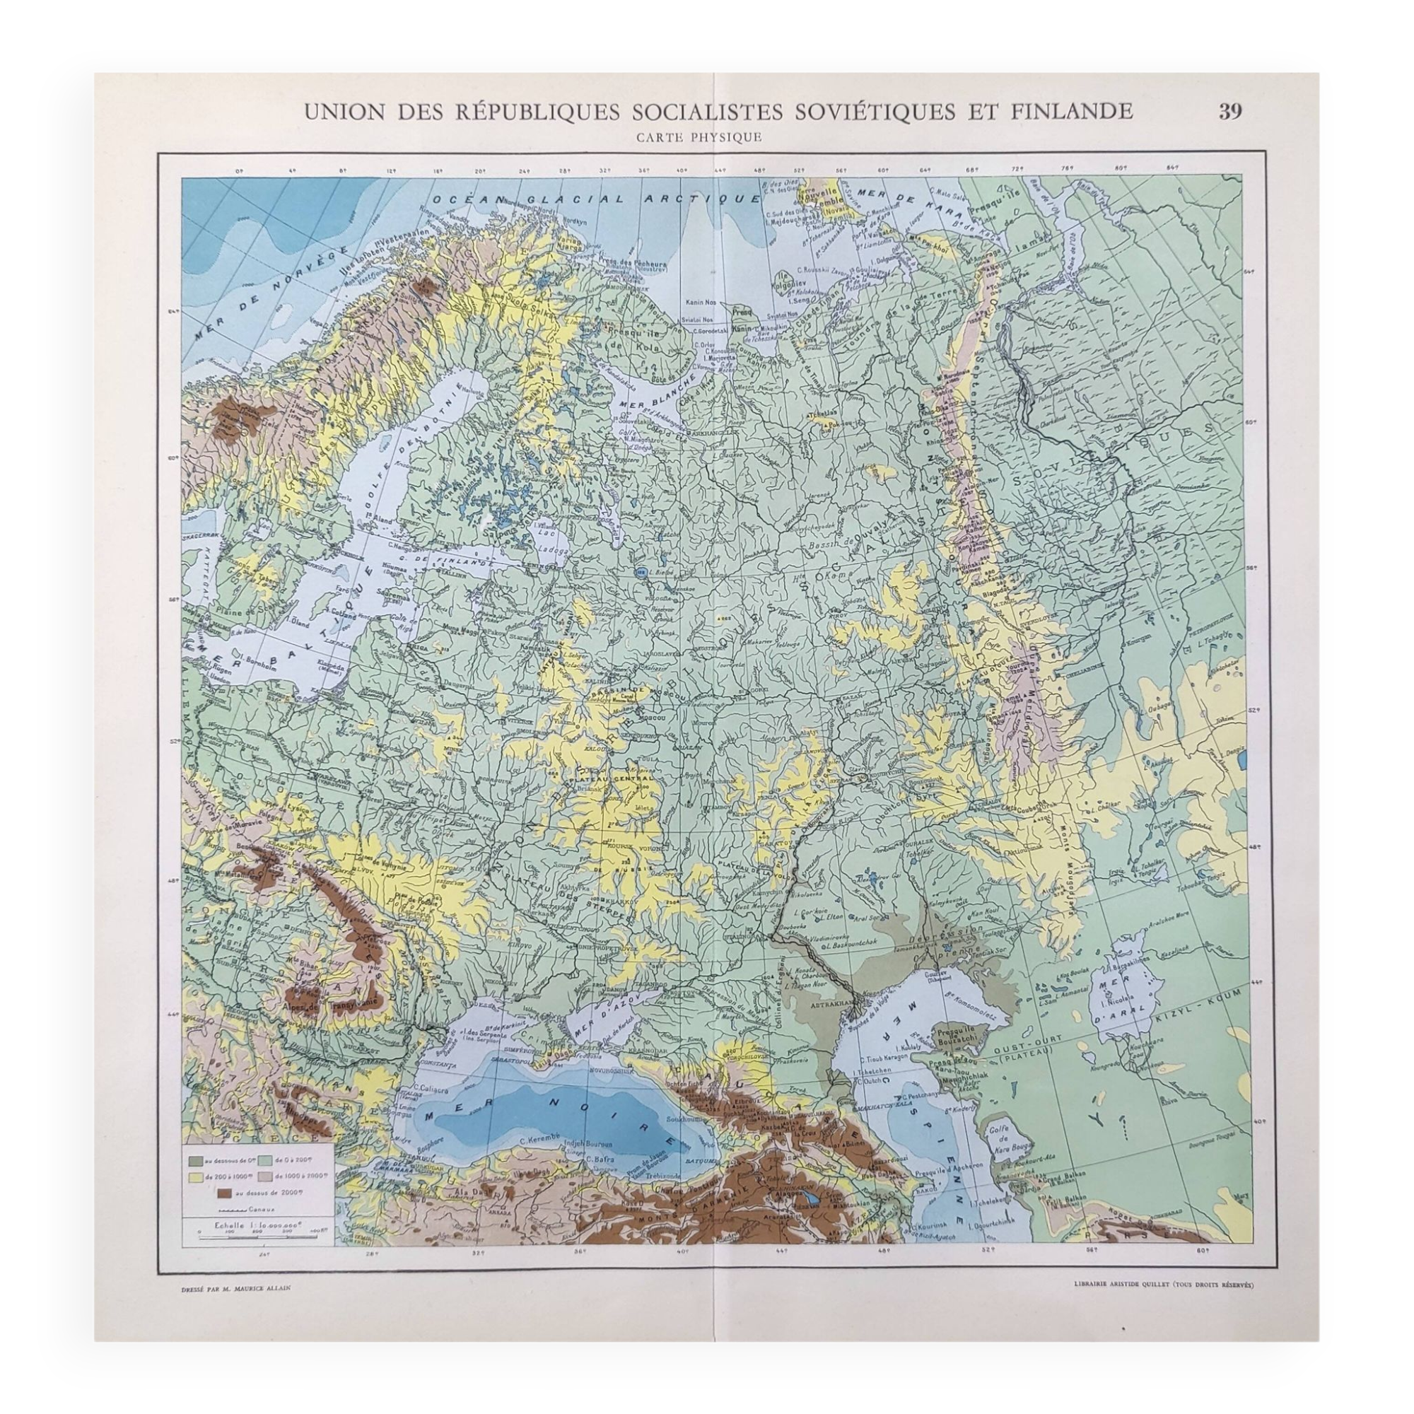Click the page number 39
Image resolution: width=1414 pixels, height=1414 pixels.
1230,111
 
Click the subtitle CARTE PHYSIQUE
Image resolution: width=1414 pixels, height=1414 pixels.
699,136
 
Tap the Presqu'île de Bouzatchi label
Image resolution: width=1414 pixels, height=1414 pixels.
962,1036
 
